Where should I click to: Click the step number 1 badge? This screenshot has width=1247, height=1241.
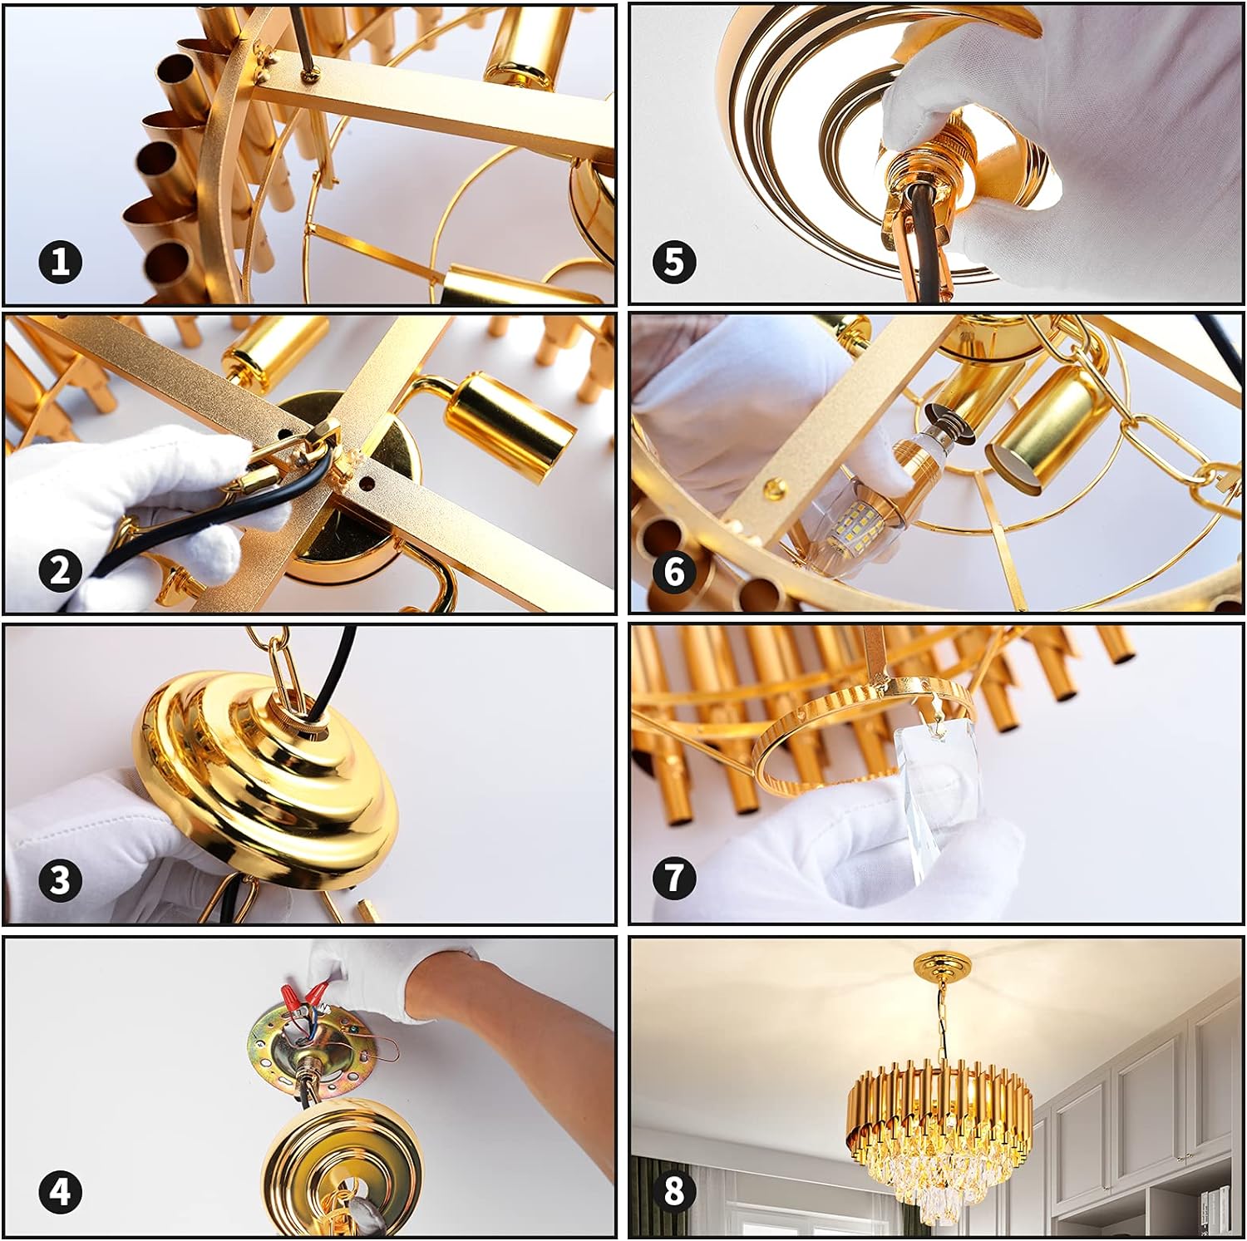coord(60,262)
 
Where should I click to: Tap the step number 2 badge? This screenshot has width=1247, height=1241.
coord(60,571)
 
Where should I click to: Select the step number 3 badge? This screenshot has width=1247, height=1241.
coord(60,880)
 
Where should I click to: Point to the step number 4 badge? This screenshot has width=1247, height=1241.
coord(60,1193)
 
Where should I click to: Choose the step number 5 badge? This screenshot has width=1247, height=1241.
coord(674,262)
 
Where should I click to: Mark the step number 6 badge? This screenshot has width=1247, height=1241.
coord(674,571)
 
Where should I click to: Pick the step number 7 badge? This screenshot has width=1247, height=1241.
coord(674,878)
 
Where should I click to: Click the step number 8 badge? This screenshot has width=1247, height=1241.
coord(674,1190)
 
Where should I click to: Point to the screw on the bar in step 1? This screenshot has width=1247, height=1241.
coord(312,75)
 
